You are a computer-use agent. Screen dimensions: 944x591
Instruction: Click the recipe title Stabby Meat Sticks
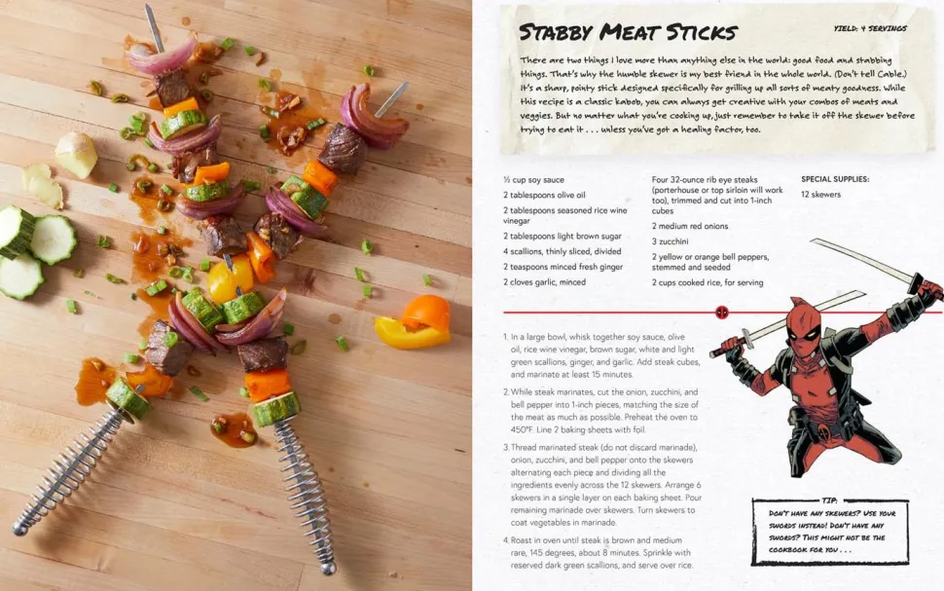pos(628,32)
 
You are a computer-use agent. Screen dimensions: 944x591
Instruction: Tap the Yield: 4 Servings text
pos(870,28)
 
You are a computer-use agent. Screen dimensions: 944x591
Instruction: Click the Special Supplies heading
pos(835,179)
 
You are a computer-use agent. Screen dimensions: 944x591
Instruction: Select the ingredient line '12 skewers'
pos(820,195)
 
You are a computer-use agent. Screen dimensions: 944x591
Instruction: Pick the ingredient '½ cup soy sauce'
pos(533,179)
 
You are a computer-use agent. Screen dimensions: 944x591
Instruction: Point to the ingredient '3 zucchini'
pos(671,241)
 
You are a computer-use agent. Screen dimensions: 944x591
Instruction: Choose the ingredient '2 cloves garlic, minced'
pos(544,282)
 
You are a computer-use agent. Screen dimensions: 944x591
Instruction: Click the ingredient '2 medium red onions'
pos(690,226)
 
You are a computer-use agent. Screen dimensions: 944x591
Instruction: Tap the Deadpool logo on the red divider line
pos(722,313)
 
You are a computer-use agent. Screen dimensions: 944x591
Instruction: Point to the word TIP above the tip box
pos(829,500)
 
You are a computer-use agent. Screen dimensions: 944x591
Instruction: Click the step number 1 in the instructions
pos(506,337)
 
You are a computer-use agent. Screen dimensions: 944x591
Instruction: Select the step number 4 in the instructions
pos(506,540)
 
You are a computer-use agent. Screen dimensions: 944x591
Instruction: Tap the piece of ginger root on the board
pos(77,154)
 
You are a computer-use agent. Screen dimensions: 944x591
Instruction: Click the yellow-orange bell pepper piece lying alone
pos(414,322)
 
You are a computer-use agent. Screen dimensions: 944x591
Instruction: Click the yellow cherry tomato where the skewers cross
pos(230,278)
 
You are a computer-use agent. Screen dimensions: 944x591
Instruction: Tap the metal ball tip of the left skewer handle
pos(20,529)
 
